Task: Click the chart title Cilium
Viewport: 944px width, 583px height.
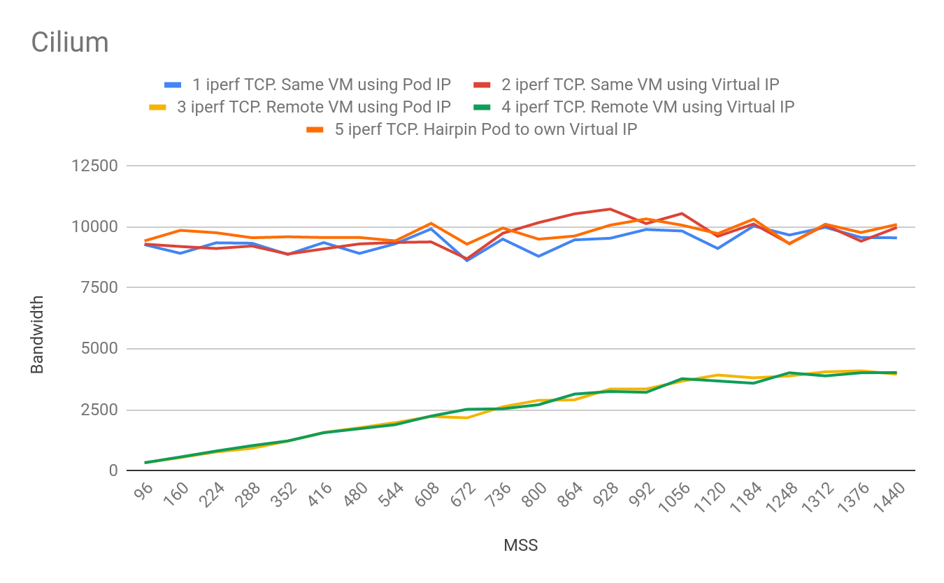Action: coord(70,43)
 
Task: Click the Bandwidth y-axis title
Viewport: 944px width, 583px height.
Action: coord(37,334)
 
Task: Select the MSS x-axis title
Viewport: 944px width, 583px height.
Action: coord(521,545)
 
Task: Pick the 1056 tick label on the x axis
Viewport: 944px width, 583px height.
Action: coord(675,497)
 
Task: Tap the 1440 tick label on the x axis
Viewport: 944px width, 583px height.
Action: coord(889,497)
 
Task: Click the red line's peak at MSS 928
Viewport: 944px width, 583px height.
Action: coord(610,209)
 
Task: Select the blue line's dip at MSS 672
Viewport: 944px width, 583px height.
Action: coord(467,261)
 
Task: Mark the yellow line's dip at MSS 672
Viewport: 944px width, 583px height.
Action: coord(467,417)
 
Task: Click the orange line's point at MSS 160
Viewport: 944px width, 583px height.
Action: coord(181,230)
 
